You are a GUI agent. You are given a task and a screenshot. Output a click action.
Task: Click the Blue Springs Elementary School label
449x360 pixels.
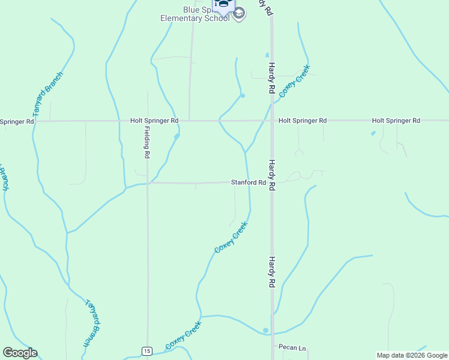coord(194,14)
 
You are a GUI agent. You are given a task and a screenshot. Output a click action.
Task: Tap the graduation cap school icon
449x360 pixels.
coord(239,14)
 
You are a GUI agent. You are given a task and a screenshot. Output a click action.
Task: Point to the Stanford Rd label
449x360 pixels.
coord(249,182)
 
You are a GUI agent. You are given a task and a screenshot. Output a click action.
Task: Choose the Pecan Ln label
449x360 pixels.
coord(292,347)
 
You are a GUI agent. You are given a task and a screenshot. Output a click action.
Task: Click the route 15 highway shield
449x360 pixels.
coord(148,350)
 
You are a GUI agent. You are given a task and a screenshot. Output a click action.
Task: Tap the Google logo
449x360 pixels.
coord(20,353)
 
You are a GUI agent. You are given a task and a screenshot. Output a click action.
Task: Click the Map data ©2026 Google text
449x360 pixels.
coord(411,355)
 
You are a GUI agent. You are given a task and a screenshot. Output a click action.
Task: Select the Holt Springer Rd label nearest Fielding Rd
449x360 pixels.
coord(154,121)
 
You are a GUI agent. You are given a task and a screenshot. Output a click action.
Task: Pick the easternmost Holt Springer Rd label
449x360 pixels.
coord(396,121)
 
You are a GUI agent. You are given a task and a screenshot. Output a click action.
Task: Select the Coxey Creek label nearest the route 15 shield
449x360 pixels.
coord(184,335)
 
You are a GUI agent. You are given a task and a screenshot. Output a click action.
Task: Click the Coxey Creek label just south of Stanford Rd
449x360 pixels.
coord(231,237)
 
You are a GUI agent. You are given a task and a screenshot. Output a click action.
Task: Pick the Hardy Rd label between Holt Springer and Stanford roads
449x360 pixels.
coord(271,175)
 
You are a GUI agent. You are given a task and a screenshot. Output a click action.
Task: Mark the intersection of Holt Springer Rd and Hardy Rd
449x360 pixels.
coord(271,121)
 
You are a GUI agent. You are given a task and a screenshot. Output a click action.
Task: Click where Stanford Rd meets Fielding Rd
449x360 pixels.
coord(147,183)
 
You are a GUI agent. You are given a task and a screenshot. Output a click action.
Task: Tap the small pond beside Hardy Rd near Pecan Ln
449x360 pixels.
coord(265,330)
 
